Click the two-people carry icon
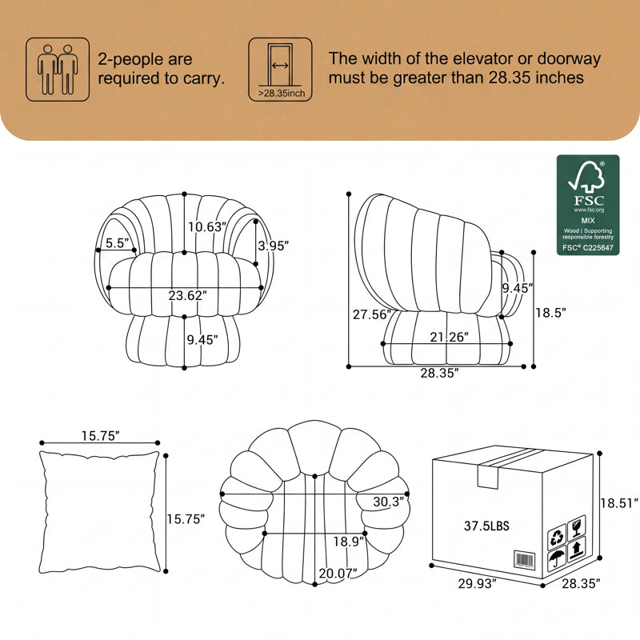point(58,70)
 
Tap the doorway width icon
point(281,70)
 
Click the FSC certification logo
point(588,205)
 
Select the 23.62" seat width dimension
point(188,295)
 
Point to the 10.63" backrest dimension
point(207,226)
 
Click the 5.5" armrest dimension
point(118,243)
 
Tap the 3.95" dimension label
point(274,246)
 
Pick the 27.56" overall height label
point(372,314)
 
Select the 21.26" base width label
point(449,337)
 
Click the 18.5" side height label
point(551,313)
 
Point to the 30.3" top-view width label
point(389,502)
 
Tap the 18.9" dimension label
point(349,542)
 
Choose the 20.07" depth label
point(338,574)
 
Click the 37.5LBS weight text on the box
point(486,526)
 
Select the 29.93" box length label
point(477,584)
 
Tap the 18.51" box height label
point(618,503)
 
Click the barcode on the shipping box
point(524,559)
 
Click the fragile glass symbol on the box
point(576,526)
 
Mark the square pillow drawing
point(99,512)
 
